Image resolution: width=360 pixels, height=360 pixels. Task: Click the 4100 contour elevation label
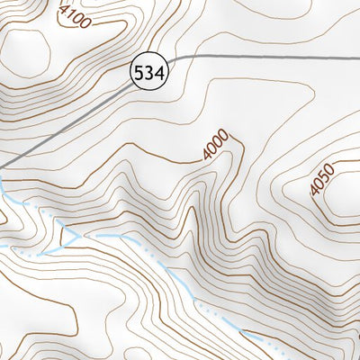pos(74,17)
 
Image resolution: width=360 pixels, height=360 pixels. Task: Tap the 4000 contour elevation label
pos(216,147)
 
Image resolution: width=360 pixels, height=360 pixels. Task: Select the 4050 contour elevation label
pos(321,176)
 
